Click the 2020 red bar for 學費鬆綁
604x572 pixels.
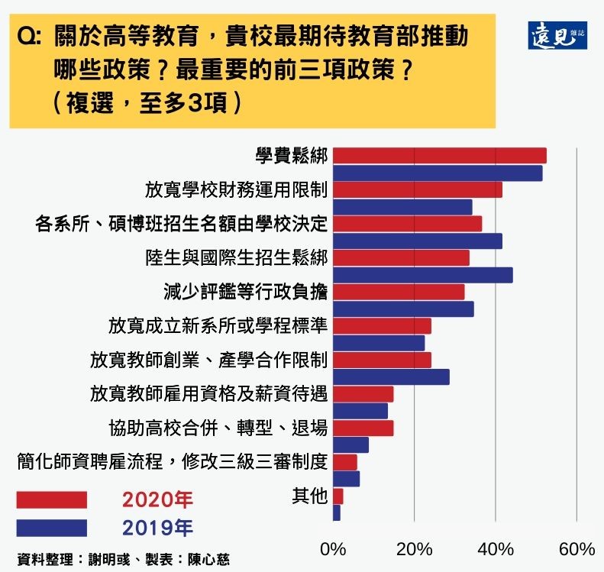(x=439, y=156)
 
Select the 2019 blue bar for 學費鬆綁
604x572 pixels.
(x=437, y=173)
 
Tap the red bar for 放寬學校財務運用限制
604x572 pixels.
(x=417, y=190)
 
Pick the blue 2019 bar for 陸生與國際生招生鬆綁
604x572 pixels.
(x=422, y=275)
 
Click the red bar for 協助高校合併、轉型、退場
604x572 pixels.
(x=363, y=428)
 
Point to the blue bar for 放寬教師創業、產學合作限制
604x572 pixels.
(x=391, y=376)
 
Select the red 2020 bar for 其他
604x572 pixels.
(x=338, y=496)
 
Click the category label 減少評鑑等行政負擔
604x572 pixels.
(x=245, y=292)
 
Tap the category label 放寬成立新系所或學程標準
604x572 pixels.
(x=218, y=326)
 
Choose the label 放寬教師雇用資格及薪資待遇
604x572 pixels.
(x=208, y=394)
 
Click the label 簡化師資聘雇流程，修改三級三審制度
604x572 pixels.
(x=172, y=462)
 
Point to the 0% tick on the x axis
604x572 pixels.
(x=333, y=549)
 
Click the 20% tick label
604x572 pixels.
(x=415, y=549)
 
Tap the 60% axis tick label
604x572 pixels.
(x=577, y=549)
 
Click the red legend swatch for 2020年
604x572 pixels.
(x=51, y=499)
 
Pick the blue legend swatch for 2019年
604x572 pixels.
(x=51, y=528)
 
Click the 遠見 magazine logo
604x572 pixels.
(x=557, y=35)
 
